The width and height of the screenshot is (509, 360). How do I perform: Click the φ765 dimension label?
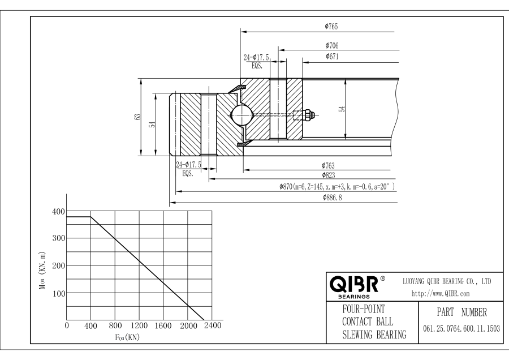pos(331,26)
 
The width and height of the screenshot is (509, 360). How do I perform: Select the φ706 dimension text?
pos(332,45)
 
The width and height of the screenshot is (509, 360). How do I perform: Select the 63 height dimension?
pos(137,117)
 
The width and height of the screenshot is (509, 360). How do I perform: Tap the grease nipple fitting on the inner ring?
pos(308,115)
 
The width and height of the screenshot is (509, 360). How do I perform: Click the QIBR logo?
pos(354,284)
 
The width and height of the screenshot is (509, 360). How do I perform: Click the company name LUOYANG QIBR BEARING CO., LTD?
pos(446,281)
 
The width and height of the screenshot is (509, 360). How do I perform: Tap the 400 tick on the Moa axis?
pos(58,211)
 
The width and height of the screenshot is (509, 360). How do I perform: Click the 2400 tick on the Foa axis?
pos(212,326)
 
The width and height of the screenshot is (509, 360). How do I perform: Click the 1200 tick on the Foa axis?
pos(139,326)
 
